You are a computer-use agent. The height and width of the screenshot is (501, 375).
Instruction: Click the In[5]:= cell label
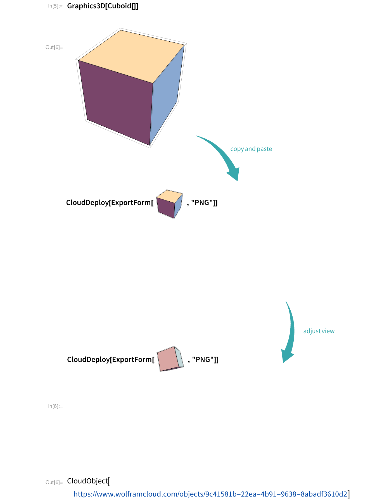coord(55,6)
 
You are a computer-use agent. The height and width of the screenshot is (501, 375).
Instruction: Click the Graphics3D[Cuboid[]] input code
coord(103,6)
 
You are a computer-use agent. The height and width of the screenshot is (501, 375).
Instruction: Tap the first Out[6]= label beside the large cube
coord(54,47)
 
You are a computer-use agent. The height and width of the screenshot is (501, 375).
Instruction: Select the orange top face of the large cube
coord(131,56)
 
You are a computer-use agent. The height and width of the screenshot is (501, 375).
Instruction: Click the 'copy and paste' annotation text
coord(251,149)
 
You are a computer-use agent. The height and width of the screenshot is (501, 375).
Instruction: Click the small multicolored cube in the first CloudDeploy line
coord(170,204)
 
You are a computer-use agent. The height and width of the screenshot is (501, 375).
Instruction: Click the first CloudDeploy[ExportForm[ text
coord(110,202)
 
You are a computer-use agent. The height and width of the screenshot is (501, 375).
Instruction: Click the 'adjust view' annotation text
coord(319,331)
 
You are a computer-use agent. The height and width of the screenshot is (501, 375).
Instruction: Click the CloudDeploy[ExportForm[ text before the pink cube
coord(111,359)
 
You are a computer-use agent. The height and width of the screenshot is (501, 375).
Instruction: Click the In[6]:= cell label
coord(55,406)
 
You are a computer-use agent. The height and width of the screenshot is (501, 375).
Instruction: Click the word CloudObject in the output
coord(87,481)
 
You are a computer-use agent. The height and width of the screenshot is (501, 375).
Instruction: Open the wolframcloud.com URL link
coord(210,494)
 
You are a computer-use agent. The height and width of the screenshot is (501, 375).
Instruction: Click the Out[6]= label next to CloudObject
coord(54,482)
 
